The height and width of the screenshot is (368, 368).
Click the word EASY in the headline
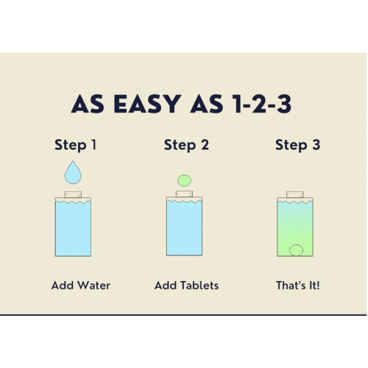(147, 104)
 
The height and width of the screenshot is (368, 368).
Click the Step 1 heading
(76, 145)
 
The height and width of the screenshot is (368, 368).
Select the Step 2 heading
(186, 145)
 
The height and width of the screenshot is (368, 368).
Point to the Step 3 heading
(297, 145)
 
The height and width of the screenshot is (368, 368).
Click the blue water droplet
(73, 172)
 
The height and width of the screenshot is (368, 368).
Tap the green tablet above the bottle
(184, 180)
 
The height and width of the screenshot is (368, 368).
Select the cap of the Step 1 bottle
(73, 194)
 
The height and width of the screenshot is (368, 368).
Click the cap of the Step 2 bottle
(184, 194)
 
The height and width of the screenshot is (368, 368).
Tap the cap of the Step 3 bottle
(295, 194)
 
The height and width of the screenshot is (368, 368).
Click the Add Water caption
(81, 286)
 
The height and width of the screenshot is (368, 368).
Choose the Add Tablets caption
(186, 286)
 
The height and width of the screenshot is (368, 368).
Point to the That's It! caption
(298, 286)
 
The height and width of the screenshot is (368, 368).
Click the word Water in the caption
(94, 286)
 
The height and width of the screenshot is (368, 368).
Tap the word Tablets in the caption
(199, 286)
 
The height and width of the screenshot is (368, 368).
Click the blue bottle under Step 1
(73, 227)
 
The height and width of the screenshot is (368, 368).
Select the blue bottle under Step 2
(184, 227)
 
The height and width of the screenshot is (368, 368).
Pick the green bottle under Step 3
(295, 227)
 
